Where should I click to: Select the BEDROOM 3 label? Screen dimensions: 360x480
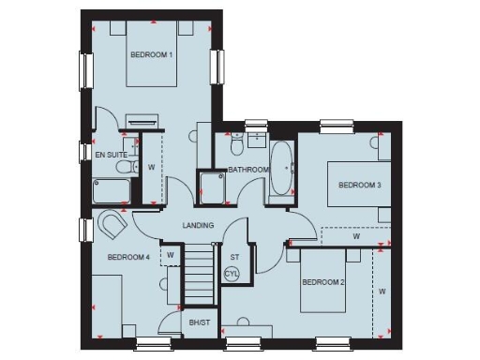(359, 185)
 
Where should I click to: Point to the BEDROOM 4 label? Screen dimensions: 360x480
(128, 257)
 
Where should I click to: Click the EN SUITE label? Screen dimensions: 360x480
(111, 153)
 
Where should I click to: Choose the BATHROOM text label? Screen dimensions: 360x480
(248, 170)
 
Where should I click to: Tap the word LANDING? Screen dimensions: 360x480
(198, 225)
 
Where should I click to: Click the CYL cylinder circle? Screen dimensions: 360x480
(232, 274)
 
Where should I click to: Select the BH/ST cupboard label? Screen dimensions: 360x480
(201, 323)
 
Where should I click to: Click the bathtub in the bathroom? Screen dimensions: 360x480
(281, 169)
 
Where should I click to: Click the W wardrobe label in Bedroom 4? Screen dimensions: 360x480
(170, 254)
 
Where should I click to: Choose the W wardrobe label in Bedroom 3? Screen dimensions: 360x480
(355, 236)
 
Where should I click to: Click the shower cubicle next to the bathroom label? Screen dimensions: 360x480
(212, 187)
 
